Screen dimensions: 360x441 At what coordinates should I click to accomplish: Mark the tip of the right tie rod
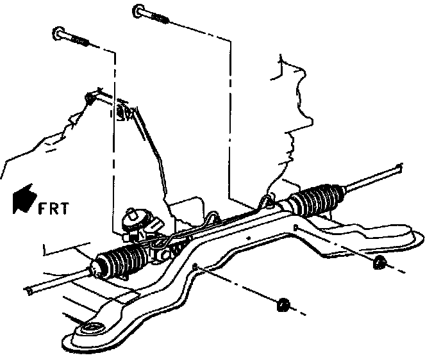399,170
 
